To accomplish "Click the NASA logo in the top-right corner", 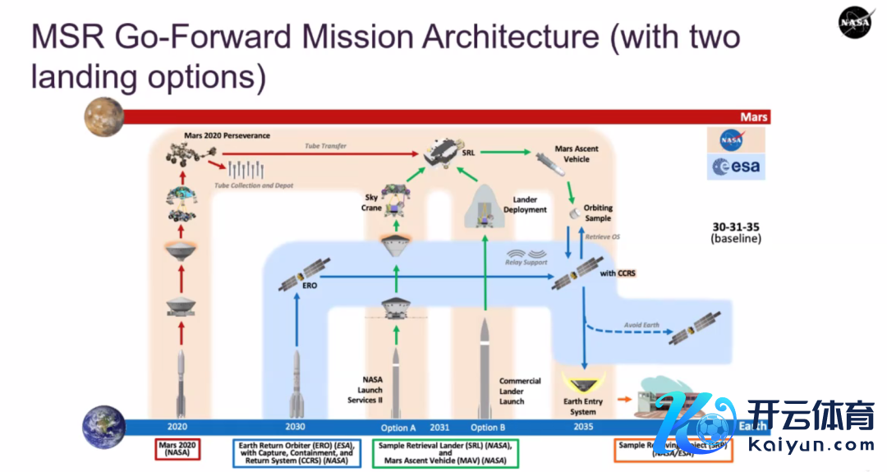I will [x=855, y=22].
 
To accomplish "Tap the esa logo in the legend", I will [x=736, y=167].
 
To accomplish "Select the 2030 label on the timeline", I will [x=294, y=427].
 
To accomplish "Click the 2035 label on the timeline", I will [x=583, y=427].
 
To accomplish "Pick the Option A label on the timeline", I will [x=398, y=427].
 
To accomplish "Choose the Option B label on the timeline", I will [x=485, y=427].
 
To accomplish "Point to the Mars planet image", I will [x=103, y=116].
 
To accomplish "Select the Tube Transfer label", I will [x=326, y=146].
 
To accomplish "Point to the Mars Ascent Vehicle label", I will [x=577, y=154].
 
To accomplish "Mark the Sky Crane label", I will [x=372, y=203].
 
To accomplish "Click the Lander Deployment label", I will [x=530, y=204].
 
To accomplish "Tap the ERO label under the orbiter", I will [x=310, y=286].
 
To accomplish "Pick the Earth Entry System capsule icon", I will [x=583, y=381].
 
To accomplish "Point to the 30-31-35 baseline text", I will [x=736, y=232].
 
